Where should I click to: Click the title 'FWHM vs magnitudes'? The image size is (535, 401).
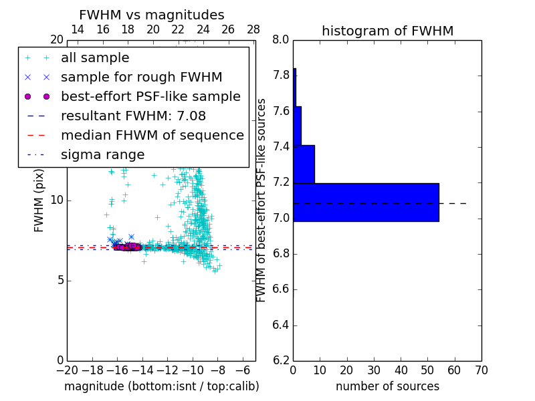coord(152,15)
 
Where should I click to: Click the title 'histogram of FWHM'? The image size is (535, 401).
coord(387,31)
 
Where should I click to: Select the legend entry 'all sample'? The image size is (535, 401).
coord(95,58)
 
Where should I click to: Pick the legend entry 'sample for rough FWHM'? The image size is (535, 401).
coord(141,77)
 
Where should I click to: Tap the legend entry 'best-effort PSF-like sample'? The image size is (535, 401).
coord(150,96)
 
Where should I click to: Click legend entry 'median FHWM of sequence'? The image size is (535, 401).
coord(152,135)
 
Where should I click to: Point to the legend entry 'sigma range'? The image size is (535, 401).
coord(102,154)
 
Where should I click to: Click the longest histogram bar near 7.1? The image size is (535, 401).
coord(366,202)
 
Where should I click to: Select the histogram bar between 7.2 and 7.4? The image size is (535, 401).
coord(304,164)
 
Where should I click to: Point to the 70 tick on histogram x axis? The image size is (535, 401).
coord(481,370)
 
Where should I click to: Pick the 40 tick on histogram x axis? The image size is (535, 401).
coord(401,370)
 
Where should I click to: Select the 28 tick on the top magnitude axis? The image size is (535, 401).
coord(253,29)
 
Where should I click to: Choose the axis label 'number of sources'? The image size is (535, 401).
coord(387,386)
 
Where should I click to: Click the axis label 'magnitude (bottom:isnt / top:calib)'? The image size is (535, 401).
coord(161,386)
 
